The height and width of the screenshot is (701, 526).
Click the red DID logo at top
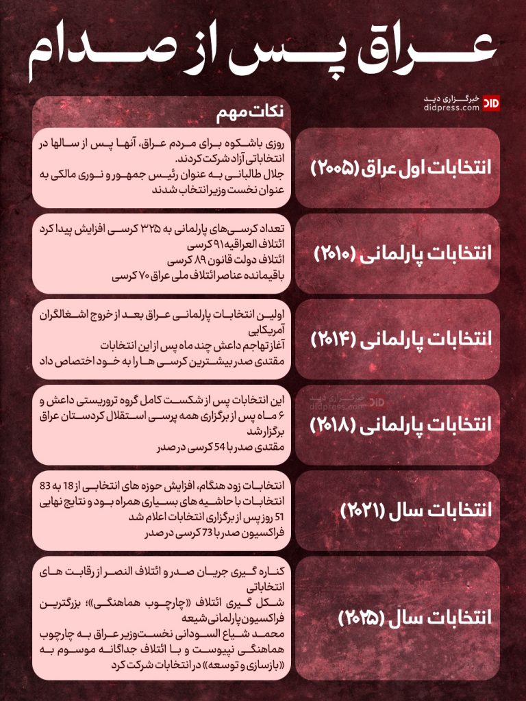click(x=491, y=103)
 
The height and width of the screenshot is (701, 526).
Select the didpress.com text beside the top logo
click(x=451, y=107)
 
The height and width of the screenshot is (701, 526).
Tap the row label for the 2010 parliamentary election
click(x=403, y=253)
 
